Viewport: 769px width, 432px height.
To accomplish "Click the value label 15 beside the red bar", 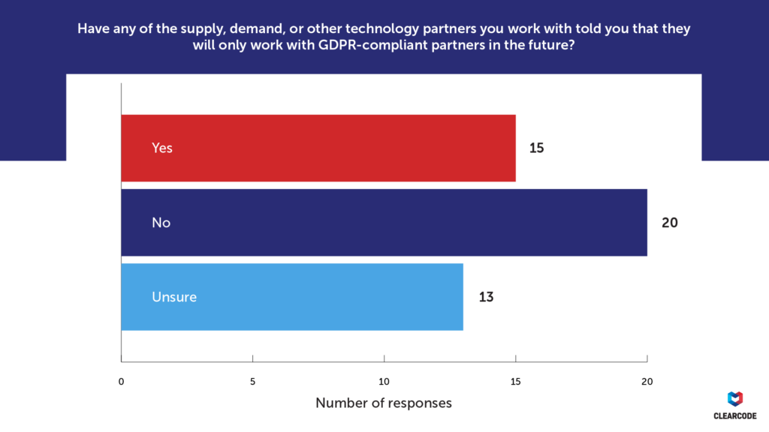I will click(536, 148).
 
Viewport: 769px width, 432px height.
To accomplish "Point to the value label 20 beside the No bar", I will click(670, 222).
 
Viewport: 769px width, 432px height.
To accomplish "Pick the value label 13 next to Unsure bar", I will click(486, 297).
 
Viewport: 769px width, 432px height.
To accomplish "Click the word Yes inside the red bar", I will click(162, 148).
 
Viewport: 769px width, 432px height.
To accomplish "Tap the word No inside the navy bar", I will click(161, 222).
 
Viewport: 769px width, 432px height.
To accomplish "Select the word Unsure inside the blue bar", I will click(174, 297).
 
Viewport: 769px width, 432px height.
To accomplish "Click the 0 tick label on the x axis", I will click(122, 381).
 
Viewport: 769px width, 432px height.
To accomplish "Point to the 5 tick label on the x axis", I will click(253, 381).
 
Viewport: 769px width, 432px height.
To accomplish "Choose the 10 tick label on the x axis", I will click(384, 381).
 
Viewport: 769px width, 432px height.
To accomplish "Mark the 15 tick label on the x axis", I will click(515, 381).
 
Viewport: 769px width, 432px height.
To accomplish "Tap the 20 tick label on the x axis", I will click(647, 381).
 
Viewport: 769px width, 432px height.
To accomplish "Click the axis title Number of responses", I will click(384, 403).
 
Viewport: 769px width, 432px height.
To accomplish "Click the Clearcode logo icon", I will click(736, 398).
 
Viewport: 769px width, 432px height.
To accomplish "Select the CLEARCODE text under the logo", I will click(736, 415).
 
